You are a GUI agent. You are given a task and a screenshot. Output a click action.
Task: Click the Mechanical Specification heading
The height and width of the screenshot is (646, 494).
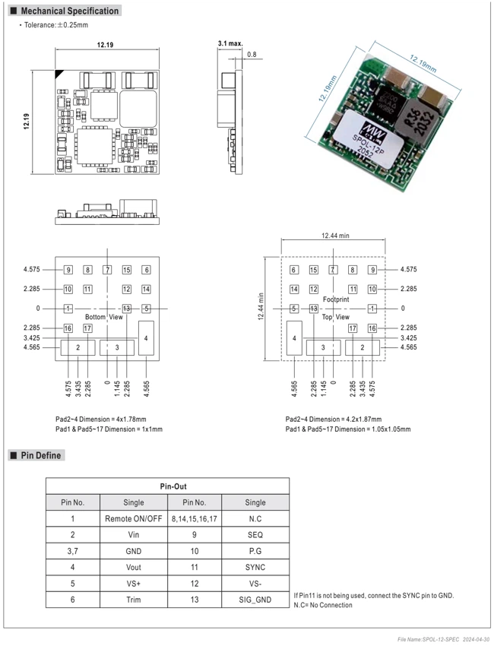tap(70, 11)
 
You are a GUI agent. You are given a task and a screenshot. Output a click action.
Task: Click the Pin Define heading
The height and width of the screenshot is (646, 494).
tap(41, 455)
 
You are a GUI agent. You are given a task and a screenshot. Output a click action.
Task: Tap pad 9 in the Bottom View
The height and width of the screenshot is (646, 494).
tap(68, 270)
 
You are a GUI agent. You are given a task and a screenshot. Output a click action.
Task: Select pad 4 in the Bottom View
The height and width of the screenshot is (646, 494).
tap(146, 338)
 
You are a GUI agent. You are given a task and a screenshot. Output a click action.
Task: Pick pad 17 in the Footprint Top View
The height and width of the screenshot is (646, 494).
tap(353, 328)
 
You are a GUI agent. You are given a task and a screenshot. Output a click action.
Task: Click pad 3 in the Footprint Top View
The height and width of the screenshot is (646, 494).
tap(324, 348)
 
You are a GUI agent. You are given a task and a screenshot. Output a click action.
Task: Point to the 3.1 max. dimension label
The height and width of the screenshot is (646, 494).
tap(230, 43)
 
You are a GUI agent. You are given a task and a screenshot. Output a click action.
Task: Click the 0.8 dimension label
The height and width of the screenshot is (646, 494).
tap(252, 55)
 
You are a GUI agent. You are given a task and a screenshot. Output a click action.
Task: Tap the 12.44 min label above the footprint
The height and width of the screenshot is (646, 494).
tap(335, 236)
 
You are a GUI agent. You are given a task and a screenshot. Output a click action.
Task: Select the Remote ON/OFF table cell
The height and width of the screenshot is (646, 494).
tap(134, 518)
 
